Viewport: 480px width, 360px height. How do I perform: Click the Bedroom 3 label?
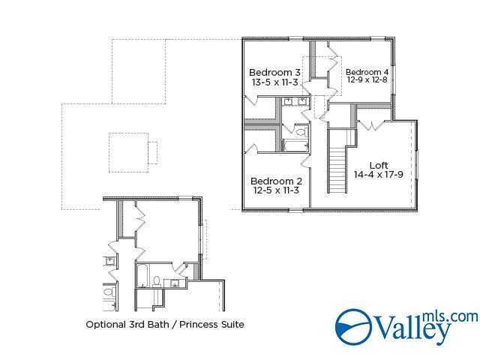(276, 73)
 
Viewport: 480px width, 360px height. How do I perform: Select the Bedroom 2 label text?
(276, 181)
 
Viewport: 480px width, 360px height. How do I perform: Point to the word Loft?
(379, 165)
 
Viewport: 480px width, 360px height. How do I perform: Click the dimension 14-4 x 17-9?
(379, 175)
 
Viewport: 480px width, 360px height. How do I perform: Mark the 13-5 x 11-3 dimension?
(276, 82)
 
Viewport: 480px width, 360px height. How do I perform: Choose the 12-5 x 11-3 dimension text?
(276, 190)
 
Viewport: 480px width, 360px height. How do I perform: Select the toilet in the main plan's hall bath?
(301, 132)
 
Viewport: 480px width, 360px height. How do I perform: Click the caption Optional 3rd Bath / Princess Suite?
(165, 325)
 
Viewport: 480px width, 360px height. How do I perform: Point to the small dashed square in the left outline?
(129, 148)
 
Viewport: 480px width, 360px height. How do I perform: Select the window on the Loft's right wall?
(418, 165)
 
